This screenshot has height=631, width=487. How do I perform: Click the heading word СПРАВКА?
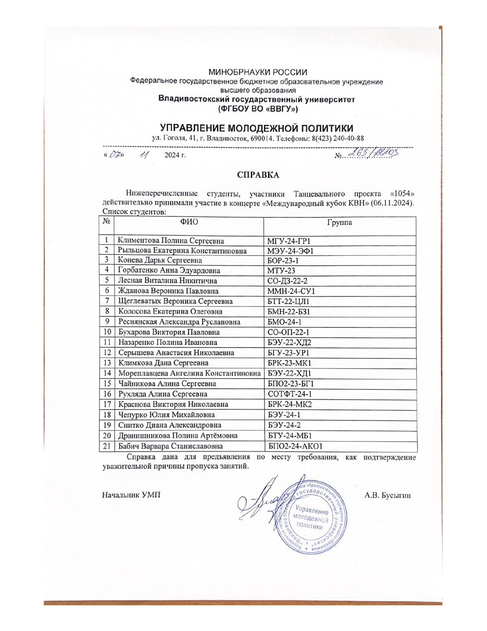(258, 175)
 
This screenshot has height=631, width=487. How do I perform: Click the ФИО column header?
(189, 222)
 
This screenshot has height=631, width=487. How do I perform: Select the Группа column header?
(339, 222)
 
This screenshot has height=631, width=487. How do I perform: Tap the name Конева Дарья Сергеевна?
(160, 260)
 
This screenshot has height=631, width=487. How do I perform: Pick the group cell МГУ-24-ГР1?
(290, 241)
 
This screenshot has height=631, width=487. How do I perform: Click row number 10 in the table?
(106, 332)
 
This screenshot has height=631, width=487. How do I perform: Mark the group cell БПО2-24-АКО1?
(294, 446)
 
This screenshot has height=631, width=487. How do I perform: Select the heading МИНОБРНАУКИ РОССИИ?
(258, 72)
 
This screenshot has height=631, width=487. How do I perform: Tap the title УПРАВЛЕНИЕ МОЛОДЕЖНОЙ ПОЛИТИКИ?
(258, 127)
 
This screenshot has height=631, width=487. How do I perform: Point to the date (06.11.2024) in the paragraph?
(393, 203)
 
